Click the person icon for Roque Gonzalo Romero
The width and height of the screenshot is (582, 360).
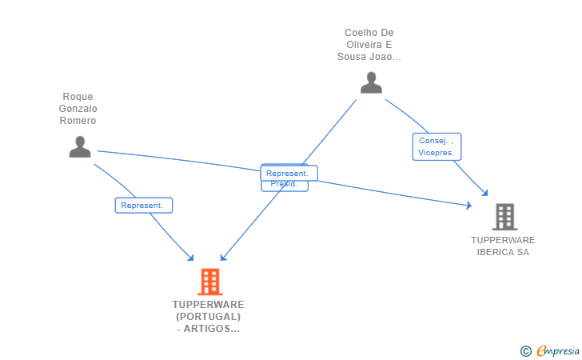80,146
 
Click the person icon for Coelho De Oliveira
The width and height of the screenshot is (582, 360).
371,82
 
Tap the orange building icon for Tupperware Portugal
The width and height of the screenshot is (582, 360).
209,282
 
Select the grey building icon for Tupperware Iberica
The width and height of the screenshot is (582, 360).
504,217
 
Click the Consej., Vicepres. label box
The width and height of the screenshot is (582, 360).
436,146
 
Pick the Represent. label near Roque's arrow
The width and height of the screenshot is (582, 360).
143,206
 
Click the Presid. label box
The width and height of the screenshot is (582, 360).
284,185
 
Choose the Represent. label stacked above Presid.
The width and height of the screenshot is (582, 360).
289,173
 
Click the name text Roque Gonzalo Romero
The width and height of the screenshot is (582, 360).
78,109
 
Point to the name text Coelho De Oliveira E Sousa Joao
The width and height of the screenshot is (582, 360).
369,45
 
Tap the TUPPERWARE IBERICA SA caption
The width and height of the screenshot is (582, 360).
503,246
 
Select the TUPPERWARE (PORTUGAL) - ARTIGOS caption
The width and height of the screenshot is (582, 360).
208,317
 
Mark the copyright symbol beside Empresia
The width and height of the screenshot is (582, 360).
525,350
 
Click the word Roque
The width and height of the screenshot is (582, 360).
78,97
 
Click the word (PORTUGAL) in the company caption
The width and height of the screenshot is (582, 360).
208,317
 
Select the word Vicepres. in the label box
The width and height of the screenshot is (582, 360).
436,152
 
